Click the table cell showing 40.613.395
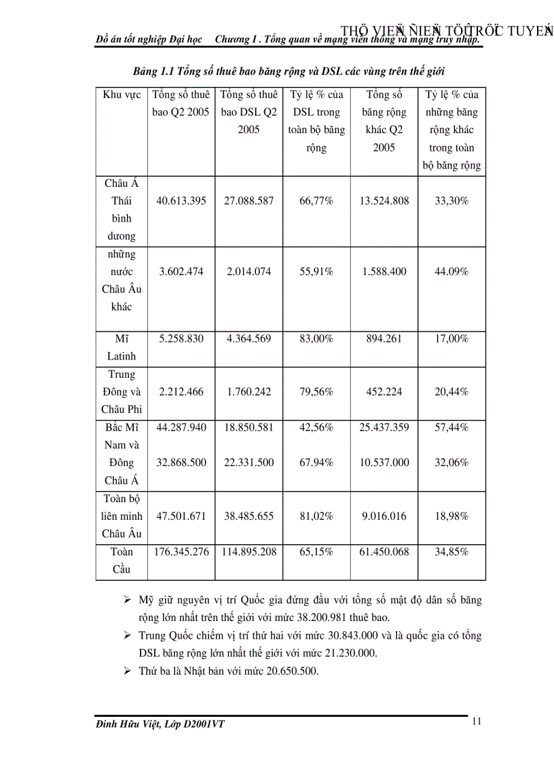(x=181, y=201)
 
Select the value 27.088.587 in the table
(x=248, y=201)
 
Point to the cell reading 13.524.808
(x=384, y=201)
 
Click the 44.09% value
(x=451, y=272)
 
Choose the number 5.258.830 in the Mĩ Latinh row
(x=181, y=338)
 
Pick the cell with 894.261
(x=384, y=338)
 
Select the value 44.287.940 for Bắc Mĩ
(x=181, y=427)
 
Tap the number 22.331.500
(x=248, y=463)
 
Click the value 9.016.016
(x=384, y=516)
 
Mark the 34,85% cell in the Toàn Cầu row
(x=451, y=552)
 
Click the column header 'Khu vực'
(x=122, y=95)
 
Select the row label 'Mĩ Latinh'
(x=122, y=347)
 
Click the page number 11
(x=477, y=722)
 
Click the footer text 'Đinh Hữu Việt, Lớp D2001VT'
(x=160, y=725)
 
